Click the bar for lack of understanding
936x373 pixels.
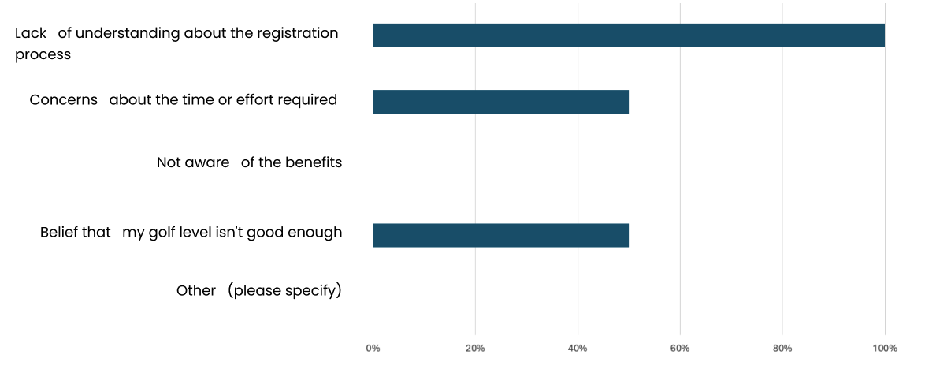coord(629,35)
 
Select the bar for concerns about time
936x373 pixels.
coord(501,102)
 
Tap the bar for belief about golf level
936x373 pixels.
coord(501,235)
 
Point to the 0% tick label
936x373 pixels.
coord(373,349)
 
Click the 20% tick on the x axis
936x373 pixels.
coord(475,349)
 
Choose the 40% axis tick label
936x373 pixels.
coord(578,349)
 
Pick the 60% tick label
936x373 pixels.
coord(680,349)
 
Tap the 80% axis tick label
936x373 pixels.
coord(782,349)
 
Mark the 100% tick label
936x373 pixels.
coord(885,349)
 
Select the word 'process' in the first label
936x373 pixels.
coord(43,55)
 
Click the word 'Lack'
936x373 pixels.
coord(31,33)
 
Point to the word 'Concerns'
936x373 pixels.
coord(63,100)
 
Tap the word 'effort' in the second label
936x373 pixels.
coord(255,100)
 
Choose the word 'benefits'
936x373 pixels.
coord(314,162)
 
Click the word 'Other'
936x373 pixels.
coord(196,291)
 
